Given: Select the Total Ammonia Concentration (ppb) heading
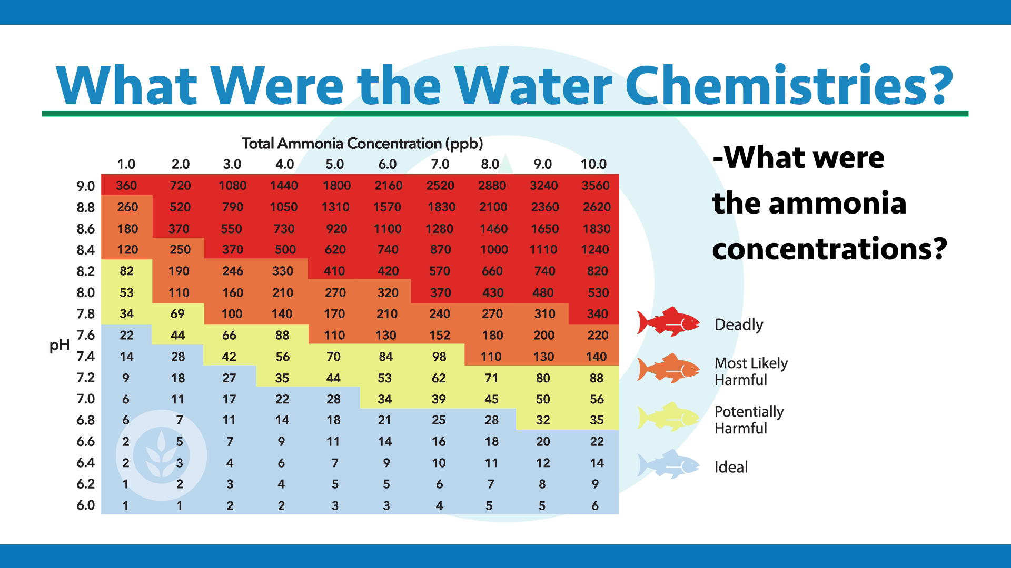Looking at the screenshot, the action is pos(362,144).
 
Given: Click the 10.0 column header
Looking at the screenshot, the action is pos(593,164).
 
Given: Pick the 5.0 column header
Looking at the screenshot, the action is pos(334,164).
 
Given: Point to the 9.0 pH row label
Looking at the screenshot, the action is pos(86,186).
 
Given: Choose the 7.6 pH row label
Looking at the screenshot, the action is pos(86,335).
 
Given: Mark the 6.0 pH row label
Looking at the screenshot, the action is pos(86,505).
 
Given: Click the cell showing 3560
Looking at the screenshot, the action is pos(596,186).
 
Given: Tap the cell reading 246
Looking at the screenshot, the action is pos(232,271).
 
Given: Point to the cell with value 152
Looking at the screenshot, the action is pos(440,335).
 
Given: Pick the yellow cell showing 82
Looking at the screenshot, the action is pos(126,271).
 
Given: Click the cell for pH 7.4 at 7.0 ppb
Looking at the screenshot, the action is pos(439,357).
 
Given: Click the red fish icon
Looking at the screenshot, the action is pos(668,321).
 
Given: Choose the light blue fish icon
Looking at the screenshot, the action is pos(668,464).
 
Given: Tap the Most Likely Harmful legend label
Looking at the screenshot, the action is pos(751,371).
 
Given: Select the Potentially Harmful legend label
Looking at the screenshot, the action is pos(749,420).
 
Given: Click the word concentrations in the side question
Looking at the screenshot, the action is pos(829,249).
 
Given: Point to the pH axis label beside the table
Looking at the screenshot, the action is pos(60,346).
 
